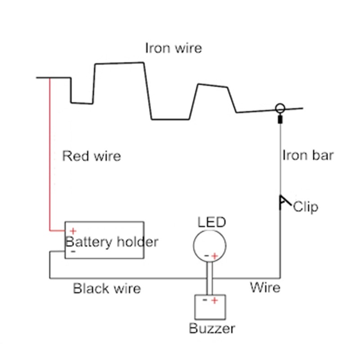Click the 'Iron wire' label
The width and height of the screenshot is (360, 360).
tap(173, 48)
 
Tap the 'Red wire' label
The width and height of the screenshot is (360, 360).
tap(91, 156)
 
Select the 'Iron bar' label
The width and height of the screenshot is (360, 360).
tap(308, 155)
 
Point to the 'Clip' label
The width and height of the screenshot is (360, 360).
tap(306, 207)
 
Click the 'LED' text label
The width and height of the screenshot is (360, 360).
tap(211, 222)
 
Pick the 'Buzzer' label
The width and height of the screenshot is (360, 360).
tap(212, 328)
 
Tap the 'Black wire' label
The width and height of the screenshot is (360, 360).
tap(107, 288)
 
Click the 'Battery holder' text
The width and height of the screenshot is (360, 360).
tap(112, 242)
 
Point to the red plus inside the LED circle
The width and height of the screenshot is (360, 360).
tap(215, 256)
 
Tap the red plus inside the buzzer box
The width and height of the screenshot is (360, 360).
tap(215, 300)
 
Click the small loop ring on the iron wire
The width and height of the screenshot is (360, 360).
tap(280, 108)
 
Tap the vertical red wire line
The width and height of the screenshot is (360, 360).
tap(49, 153)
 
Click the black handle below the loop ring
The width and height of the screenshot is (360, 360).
tap(280, 120)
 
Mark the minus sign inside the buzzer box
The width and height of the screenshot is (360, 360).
tap(205, 299)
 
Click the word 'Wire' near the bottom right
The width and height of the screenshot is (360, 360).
tap(265, 287)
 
